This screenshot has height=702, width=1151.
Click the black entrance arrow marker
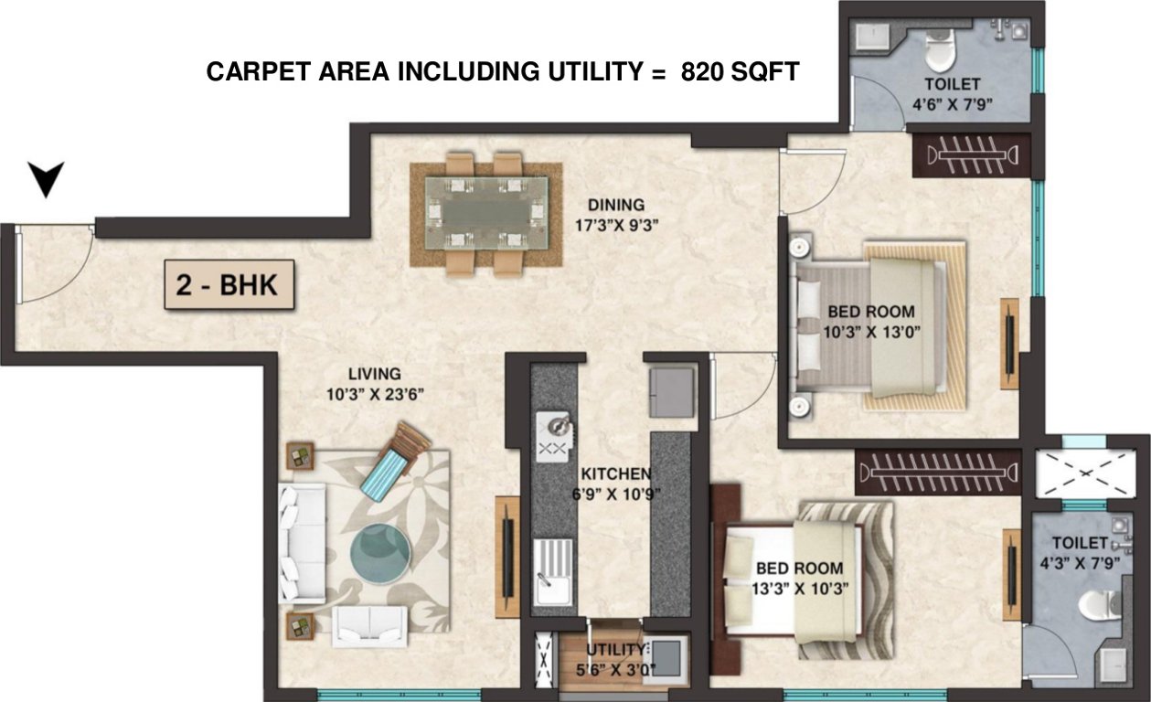click(x=46, y=178)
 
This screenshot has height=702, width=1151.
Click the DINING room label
click(x=615, y=205)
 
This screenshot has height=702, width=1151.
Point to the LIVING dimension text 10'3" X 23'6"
click(x=374, y=394)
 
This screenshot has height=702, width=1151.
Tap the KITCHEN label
click(x=616, y=474)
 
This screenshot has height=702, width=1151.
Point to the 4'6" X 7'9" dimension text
click(x=956, y=103)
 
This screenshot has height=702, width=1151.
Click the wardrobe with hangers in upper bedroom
click(x=972, y=155)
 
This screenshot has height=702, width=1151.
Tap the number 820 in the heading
click(x=702, y=72)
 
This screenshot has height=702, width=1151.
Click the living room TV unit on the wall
click(x=507, y=556)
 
